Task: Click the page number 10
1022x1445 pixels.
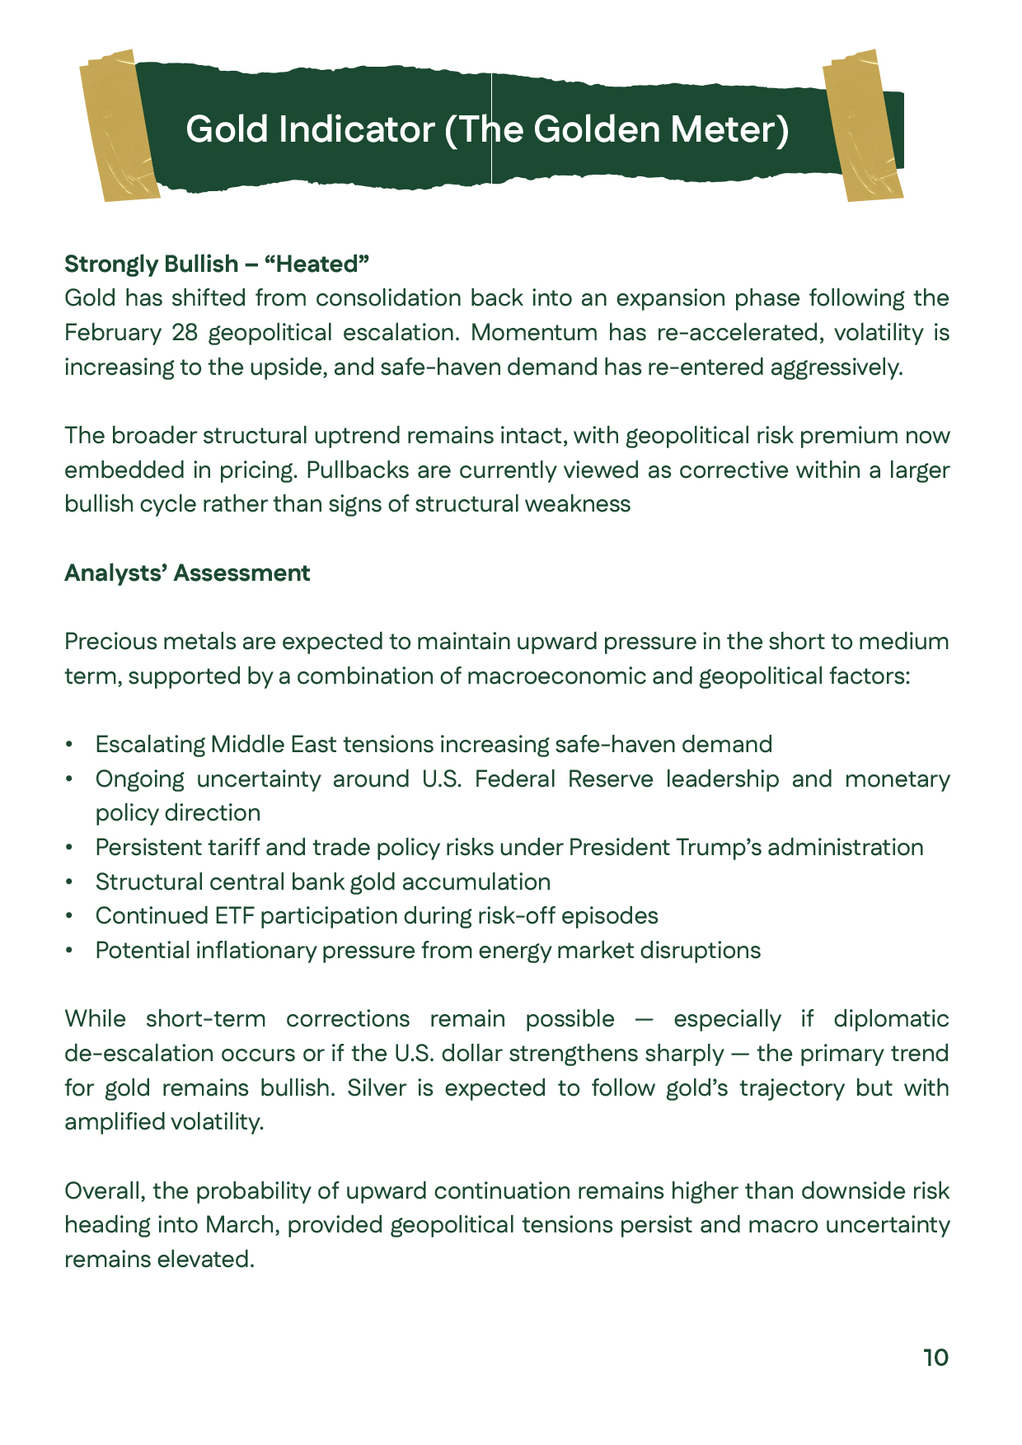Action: pos(935,1358)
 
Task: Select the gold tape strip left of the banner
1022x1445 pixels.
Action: pos(117,125)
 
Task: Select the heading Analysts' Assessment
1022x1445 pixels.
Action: pos(187,573)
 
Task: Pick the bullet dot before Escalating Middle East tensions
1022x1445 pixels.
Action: pos(70,745)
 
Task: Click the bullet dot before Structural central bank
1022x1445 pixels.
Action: pos(70,882)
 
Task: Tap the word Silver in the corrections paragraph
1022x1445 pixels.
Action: pos(377,1088)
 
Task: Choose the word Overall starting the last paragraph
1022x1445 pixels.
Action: pos(105,1191)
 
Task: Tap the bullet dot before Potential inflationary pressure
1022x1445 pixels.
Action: pos(70,951)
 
